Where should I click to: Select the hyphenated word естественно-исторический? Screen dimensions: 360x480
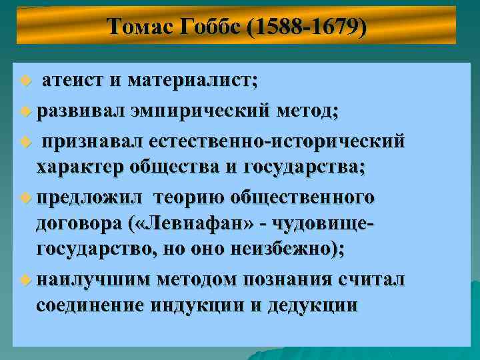[x=277, y=141]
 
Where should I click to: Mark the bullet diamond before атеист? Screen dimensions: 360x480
[x=25, y=82]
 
